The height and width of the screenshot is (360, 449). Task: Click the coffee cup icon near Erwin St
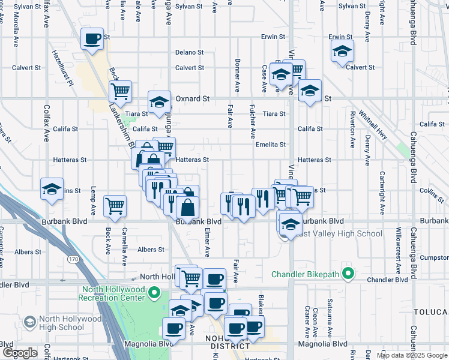pos(92,40)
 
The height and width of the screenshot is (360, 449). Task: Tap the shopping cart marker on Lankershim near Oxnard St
pos(120,92)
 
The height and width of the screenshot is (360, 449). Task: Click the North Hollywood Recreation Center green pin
pos(154,293)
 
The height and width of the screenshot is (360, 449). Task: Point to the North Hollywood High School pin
pos(29,322)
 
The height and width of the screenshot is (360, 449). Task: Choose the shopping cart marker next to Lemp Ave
pos(115,206)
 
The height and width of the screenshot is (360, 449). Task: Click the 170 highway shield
pos(73,259)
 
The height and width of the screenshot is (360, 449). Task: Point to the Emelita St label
pos(269,144)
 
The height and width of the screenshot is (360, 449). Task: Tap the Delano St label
pos(190,52)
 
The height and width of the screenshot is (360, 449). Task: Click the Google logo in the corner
pos(19,353)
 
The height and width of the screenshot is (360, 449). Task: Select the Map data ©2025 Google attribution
pos(412,355)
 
